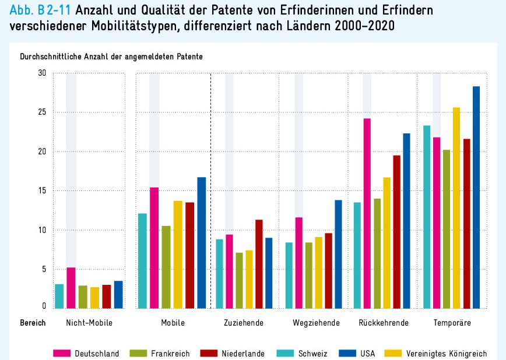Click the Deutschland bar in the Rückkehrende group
click(367, 213)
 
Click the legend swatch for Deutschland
click(62, 353)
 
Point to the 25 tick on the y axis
click(41, 112)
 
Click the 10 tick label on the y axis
click(41, 230)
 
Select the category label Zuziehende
click(244, 322)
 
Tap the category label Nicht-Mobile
click(89, 322)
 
